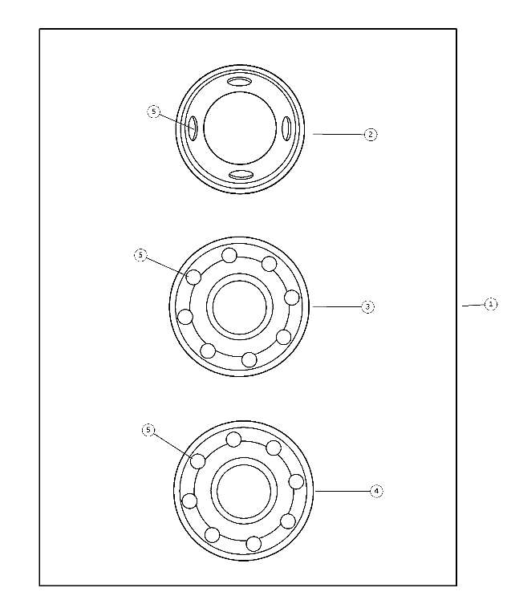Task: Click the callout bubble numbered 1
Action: tap(490, 304)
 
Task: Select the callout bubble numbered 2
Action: tap(370, 135)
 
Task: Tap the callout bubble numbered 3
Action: tap(367, 306)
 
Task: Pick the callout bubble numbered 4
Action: tap(376, 491)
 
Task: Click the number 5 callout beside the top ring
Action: tap(154, 111)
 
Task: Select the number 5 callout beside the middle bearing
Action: tap(140, 255)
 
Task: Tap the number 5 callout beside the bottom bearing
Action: tap(148, 430)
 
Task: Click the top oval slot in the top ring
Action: tap(240, 82)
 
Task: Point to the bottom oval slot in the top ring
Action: tap(241, 175)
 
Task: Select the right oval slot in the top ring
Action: tap(286, 128)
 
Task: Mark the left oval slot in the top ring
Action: tap(193, 127)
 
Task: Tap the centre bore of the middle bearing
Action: tap(239, 306)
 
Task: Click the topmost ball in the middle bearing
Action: tap(229, 256)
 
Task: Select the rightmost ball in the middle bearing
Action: tap(292, 298)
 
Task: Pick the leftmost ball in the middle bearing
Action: tap(185, 317)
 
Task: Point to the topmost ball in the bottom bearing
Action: tap(233, 440)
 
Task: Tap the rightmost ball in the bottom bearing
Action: tap(296, 481)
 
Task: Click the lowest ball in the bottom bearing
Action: tap(253, 543)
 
